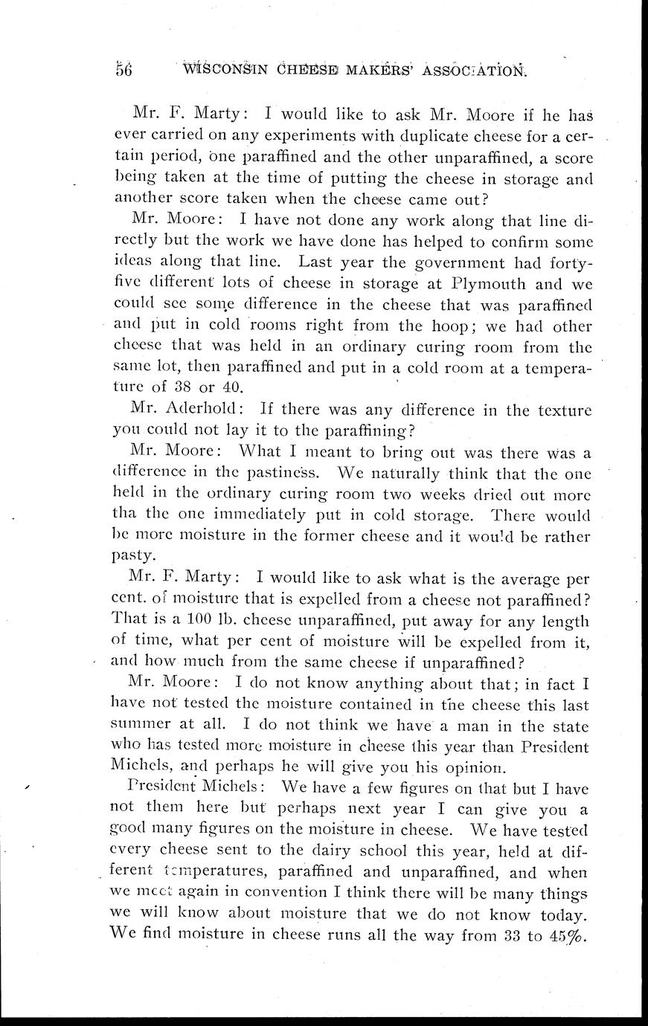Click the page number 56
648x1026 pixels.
pyautogui.click(x=123, y=70)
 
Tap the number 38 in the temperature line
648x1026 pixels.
pyautogui.click(x=182, y=387)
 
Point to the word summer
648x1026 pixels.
pyautogui.click(x=141, y=725)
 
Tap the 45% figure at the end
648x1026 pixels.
pyautogui.click(x=567, y=934)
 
